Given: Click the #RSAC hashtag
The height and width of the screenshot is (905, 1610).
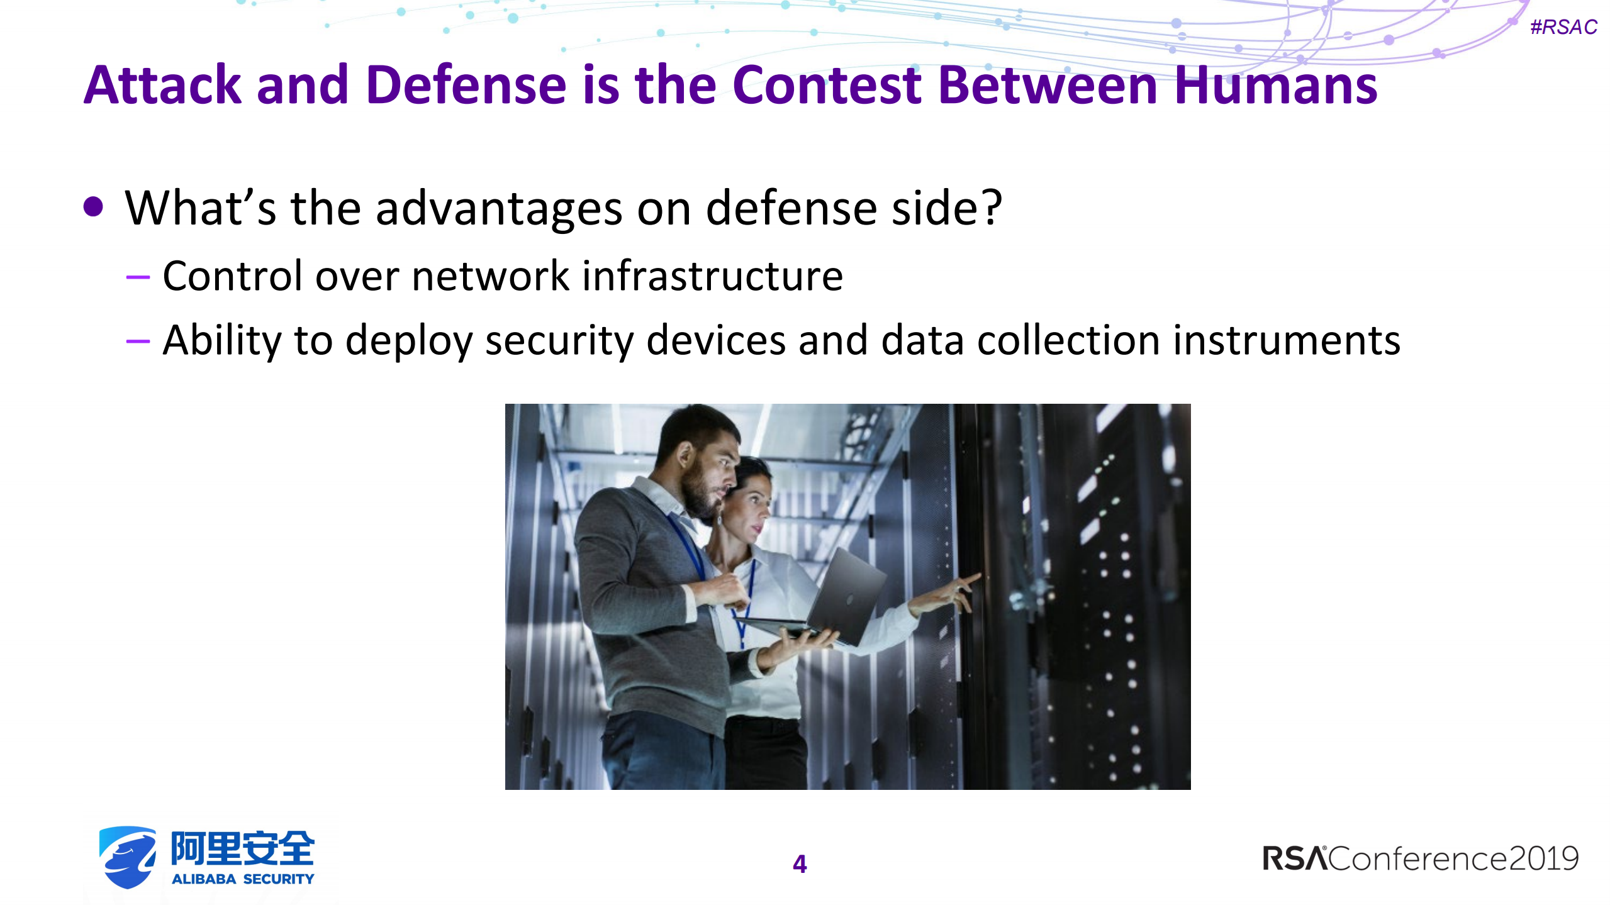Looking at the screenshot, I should (1563, 27).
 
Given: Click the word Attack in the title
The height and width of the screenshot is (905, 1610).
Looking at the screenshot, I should (162, 86).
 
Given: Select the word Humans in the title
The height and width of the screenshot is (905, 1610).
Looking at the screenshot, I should (1275, 86).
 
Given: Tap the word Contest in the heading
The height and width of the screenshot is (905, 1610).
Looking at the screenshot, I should (827, 86).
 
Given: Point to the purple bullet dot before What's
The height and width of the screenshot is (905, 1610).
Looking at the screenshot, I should (93, 207).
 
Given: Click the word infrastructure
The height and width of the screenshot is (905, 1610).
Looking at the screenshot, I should (712, 276).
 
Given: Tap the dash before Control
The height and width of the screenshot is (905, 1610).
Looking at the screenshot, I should (138, 277).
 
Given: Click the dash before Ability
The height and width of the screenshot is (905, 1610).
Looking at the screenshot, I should (138, 341).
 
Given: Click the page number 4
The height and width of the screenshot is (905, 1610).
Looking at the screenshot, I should (799, 863).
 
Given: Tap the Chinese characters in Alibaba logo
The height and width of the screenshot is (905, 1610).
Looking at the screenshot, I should (242, 848).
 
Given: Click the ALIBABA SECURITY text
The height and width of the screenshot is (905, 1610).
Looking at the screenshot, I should (242, 879).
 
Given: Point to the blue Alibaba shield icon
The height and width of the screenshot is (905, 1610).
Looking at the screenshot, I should (128, 857).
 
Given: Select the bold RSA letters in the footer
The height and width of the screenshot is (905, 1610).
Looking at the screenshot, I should (1294, 859).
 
